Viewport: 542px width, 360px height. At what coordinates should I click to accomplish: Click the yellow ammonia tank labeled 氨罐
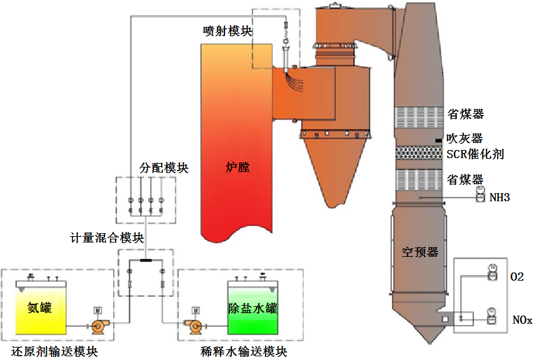pyautogui.click(x=41, y=307)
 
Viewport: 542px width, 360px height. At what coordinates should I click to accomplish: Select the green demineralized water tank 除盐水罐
pyautogui.click(x=253, y=307)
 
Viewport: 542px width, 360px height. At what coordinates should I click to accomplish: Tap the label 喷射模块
pyautogui.click(x=228, y=31)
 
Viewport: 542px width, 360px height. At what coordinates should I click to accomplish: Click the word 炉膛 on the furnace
pyautogui.click(x=238, y=167)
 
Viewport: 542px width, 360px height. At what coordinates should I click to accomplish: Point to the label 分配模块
pyautogui.click(x=164, y=168)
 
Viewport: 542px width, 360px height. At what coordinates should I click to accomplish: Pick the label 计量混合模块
pyautogui.click(x=107, y=238)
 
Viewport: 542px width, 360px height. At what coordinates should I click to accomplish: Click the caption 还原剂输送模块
pyautogui.click(x=54, y=352)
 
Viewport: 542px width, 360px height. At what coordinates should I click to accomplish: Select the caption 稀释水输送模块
pyautogui.click(x=244, y=352)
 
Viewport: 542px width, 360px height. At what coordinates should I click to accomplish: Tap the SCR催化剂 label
pyautogui.click(x=475, y=154)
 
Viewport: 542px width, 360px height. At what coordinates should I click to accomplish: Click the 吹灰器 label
pyautogui.click(x=464, y=139)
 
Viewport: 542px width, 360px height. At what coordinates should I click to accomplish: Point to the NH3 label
pyautogui.click(x=499, y=197)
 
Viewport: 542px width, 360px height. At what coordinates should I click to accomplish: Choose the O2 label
pyautogui.click(x=517, y=277)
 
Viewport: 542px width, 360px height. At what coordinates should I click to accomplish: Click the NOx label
pyautogui.click(x=522, y=320)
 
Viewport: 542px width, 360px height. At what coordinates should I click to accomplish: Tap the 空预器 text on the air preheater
pyautogui.click(x=420, y=252)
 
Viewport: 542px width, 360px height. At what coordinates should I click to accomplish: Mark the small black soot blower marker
pyautogui.click(x=438, y=140)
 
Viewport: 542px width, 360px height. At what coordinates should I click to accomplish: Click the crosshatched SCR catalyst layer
pyautogui.click(x=419, y=152)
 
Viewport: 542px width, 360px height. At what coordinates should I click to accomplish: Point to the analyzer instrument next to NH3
pyautogui.click(x=481, y=194)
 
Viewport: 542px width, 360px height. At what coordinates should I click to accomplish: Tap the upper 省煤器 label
pyautogui.click(x=466, y=114)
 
